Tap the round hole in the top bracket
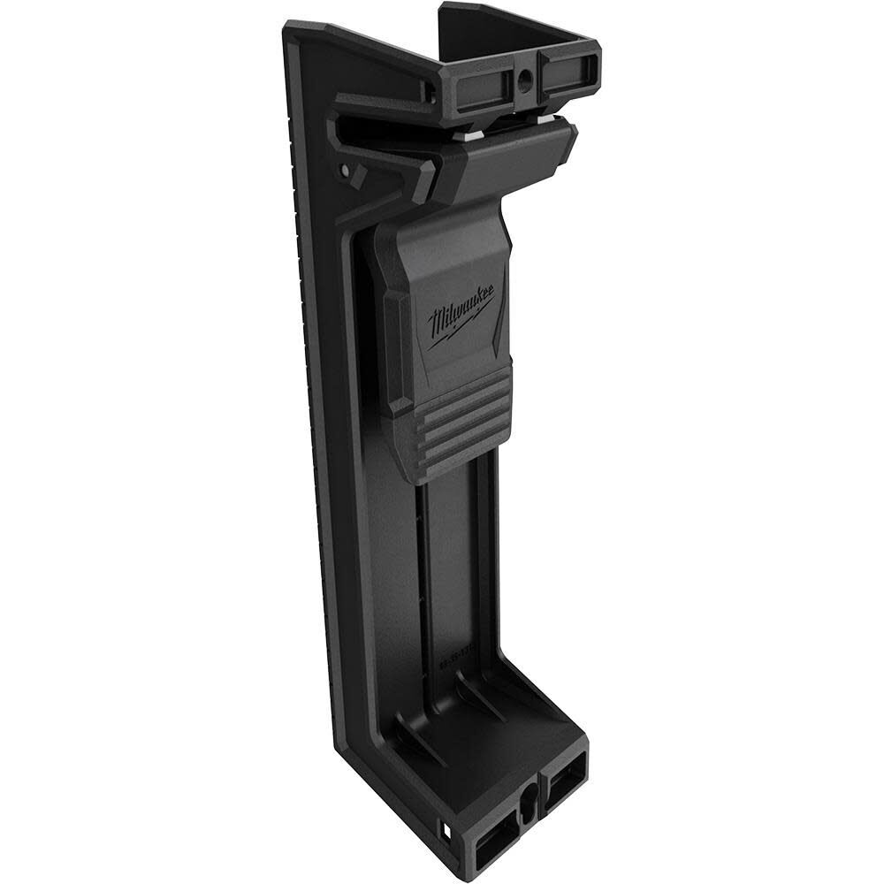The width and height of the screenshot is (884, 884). (x=525, y=83)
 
